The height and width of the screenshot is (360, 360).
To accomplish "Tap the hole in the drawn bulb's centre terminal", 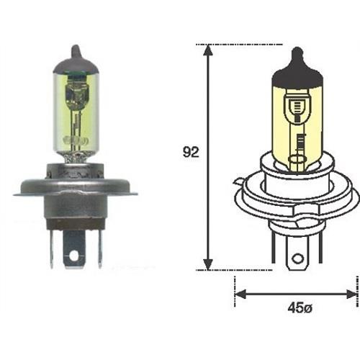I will click(295, 257).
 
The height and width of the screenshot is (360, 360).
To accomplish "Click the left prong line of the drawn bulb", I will click(274, 248).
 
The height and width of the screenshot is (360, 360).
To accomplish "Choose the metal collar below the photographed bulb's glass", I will click(75, 173).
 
